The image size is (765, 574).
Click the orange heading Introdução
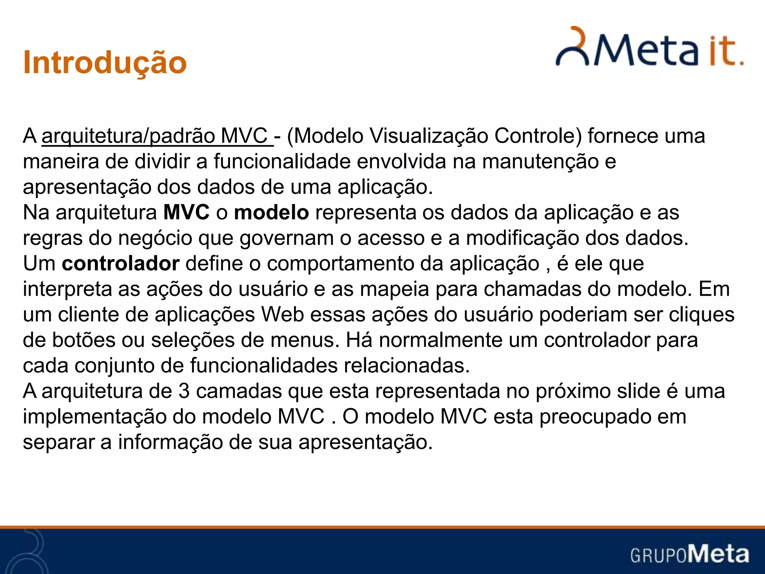(105, 63)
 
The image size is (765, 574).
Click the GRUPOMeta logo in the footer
(690, 554)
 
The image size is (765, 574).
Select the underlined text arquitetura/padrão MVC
(157, 136)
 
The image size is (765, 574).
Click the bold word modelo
(271, 213)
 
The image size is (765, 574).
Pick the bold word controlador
(121, 264)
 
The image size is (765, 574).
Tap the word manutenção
(541, 161)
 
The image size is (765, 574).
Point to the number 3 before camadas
(184, 391)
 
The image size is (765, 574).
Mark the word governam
(287, 238)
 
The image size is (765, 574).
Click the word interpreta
(67, 289)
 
